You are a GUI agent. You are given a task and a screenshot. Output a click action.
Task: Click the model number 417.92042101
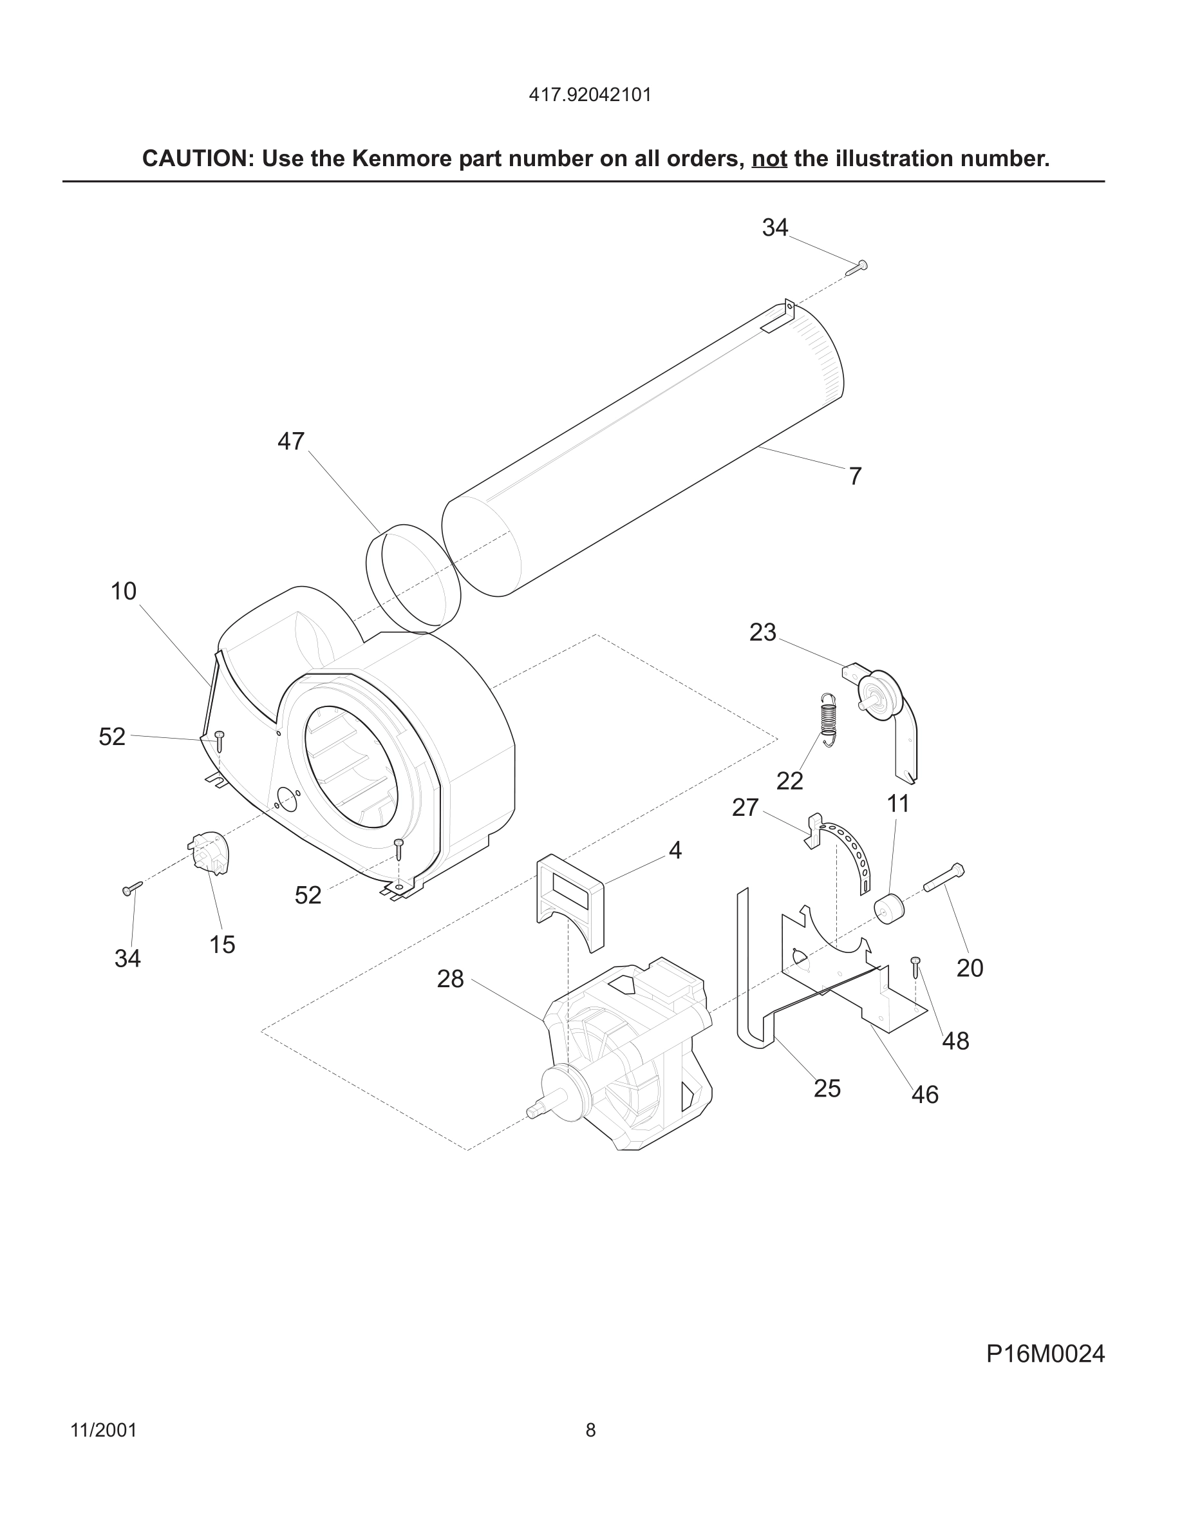tap(590, 95)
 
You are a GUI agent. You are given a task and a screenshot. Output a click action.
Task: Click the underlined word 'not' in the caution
tap(769, 159)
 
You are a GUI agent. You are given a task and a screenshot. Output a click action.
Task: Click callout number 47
tap(290, 441)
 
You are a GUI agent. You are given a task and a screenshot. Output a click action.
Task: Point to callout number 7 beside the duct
tap(855, 477)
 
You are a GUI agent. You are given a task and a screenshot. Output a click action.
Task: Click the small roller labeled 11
tap(889, 909)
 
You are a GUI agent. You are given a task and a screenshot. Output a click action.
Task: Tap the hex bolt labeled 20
tap(944, 877)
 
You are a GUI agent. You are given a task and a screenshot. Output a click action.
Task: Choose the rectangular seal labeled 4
tap(569, 901)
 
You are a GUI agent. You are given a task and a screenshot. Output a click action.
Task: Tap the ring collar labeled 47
tap(413, 579)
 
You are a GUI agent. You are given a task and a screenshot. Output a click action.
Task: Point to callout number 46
tap(924, 1094)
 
